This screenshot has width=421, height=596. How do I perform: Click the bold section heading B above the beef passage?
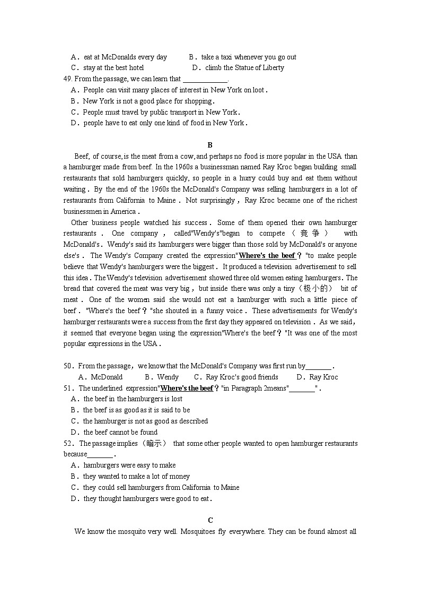[210, 145]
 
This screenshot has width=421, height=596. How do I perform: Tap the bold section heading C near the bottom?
[210, 520]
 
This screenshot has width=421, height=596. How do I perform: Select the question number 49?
[67, 79]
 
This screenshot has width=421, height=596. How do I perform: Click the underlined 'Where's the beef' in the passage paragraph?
[267, 255]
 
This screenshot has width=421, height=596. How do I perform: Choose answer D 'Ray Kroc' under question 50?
[323, 377]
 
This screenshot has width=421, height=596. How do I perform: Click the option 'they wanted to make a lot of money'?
[136, 476]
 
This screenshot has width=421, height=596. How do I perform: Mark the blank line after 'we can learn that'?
[205, 79]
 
